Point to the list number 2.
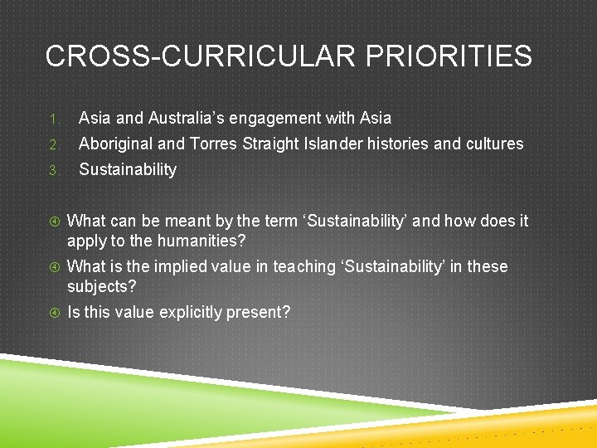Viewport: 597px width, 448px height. tap(51, 144)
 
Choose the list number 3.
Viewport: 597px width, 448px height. tap(51, 170)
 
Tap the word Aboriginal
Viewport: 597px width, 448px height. tap(115, 144)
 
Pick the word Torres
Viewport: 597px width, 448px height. tap(215, 144)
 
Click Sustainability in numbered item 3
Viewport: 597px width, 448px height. tap(127, 169)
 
